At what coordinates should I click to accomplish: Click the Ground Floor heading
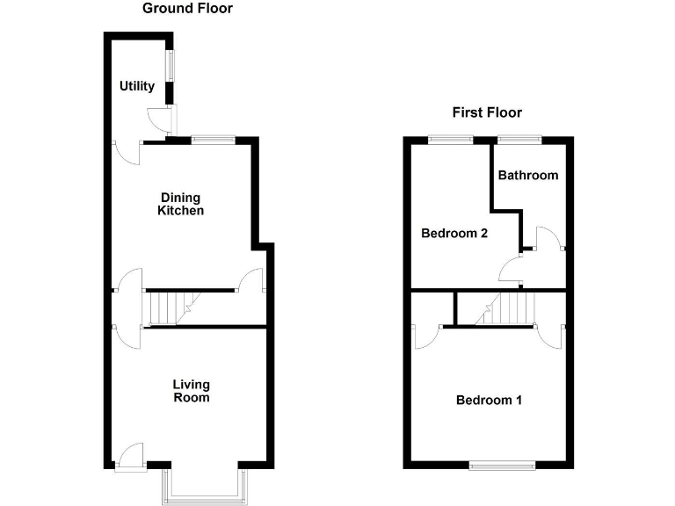(187, 9)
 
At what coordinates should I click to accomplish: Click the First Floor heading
(487, 112)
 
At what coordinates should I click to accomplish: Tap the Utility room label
(137, 86)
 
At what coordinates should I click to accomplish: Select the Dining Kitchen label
(181, 204)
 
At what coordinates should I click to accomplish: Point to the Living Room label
(191, 391)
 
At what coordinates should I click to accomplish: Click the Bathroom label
(527, 175)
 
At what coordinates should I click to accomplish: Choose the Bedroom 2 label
(454, 234)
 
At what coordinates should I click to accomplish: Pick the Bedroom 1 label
(489, 401)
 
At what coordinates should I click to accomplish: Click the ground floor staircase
(167, 308)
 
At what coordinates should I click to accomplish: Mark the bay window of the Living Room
(205, 486)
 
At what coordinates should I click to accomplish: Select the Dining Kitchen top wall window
(213, 138)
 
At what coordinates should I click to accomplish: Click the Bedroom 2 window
(451, 138)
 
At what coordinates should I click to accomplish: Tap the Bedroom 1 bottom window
(501, 464)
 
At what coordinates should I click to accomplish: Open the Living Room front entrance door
(130, 455)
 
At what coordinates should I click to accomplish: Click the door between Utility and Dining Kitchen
(127, 151)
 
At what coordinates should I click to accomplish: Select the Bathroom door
(547, 239)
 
